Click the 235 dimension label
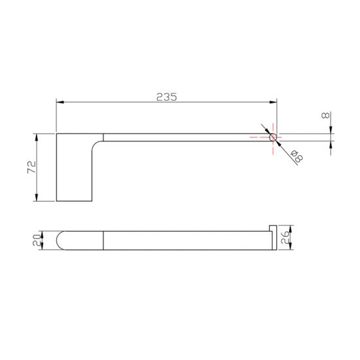[x=167, y=97]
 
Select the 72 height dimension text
[x=32, y=167]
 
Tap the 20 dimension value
[x=37, y=240]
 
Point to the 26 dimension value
[x=285, y=238]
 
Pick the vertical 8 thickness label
[x=325, y=115]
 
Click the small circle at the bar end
[x=273, y=137]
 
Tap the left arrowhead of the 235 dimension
[x=60, y=102]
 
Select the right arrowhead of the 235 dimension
[x=273, y=102]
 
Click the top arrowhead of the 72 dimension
[x=36, y=137]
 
